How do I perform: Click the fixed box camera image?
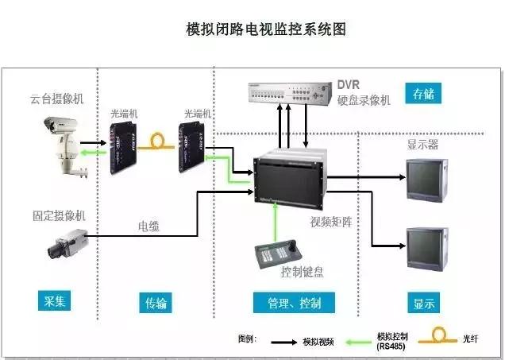point(66,243)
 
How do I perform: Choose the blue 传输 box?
point(156,302)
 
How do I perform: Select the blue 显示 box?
point(423,302)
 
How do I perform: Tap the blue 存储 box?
point(422,95)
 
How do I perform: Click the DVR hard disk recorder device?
point(288,92)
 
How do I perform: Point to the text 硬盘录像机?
point(364,101)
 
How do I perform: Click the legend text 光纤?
point(472,339)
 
